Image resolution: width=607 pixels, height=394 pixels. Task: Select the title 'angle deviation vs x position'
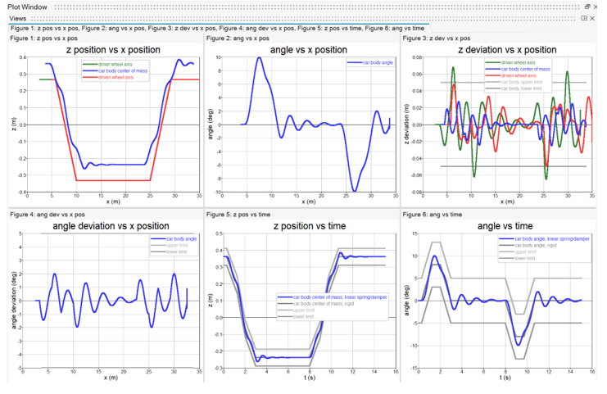point(111,226)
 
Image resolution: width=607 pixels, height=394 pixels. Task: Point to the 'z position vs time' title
point(309,226)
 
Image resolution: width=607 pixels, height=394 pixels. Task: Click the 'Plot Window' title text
point(28,7)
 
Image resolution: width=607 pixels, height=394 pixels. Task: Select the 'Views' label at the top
point(19,18)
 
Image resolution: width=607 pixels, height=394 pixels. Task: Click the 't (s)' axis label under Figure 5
point(309,378)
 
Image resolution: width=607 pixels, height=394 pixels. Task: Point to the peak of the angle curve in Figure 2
point(259,57)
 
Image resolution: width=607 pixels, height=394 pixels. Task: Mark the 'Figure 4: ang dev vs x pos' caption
point(51,215)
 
